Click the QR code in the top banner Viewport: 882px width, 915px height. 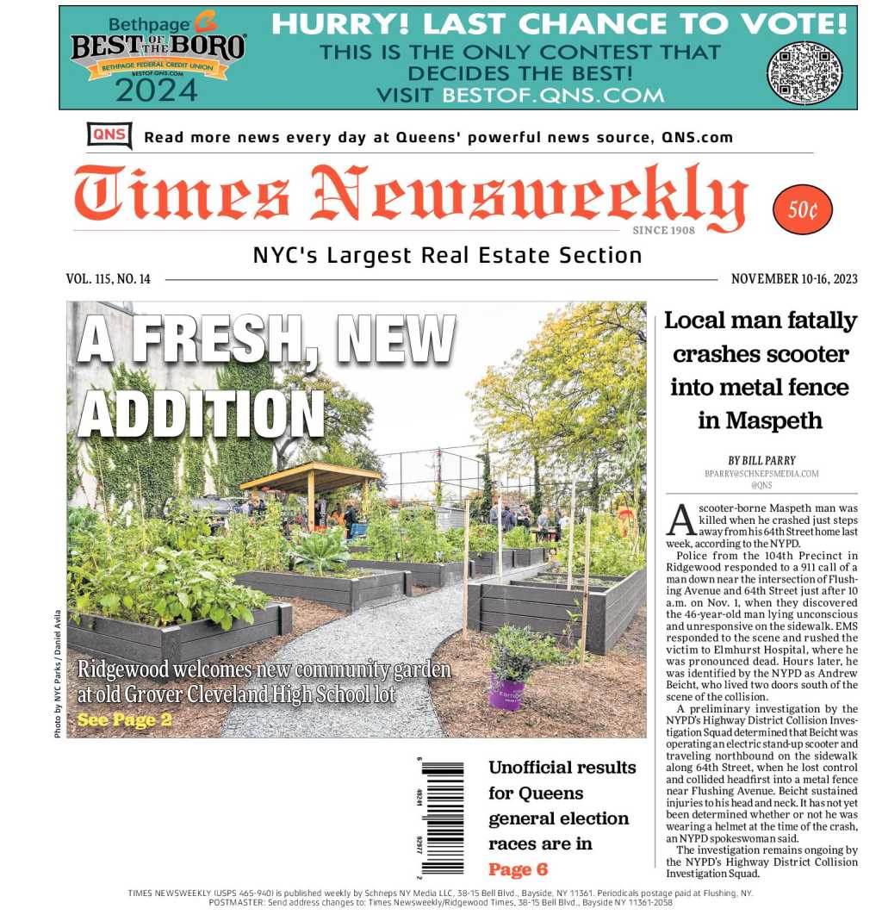click(804, 72)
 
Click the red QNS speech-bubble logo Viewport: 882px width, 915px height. click(109, 135)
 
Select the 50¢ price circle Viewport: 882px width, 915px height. click(803, 209)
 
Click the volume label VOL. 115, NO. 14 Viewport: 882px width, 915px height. click(109, 279)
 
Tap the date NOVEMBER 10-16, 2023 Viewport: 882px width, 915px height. click(794, 279)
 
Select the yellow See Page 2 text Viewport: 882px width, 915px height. click(124, 720)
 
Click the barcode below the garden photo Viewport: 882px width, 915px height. click(443, 815)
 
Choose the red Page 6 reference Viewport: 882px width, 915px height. click(518, 869)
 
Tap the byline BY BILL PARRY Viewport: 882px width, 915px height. click(761, 461)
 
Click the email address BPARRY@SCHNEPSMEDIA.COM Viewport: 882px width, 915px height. click(761, 474)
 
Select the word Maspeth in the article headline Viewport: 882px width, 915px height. click(761, 421)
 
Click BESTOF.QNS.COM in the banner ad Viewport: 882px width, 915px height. click(553, 95)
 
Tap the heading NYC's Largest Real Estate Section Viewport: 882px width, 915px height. click(447, 255)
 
